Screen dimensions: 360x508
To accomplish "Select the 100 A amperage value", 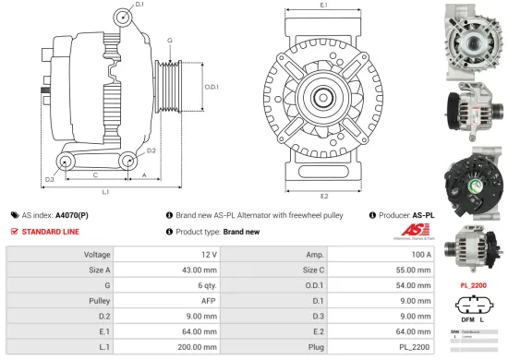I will pos(421,253).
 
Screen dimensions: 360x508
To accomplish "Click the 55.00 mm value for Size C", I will pos(412,270).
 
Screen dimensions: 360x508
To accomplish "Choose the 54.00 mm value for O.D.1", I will pos(412,286).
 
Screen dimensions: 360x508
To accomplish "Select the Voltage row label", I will pos(97,253).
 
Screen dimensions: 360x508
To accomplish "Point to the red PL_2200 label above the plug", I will pos(473,285).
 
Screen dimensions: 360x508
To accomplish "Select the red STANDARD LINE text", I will pos(52,231).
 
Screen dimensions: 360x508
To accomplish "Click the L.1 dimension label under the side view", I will pos(105,192).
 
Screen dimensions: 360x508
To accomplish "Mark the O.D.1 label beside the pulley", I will pos(211,87).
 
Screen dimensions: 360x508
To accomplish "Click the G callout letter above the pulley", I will pos(170,41).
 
